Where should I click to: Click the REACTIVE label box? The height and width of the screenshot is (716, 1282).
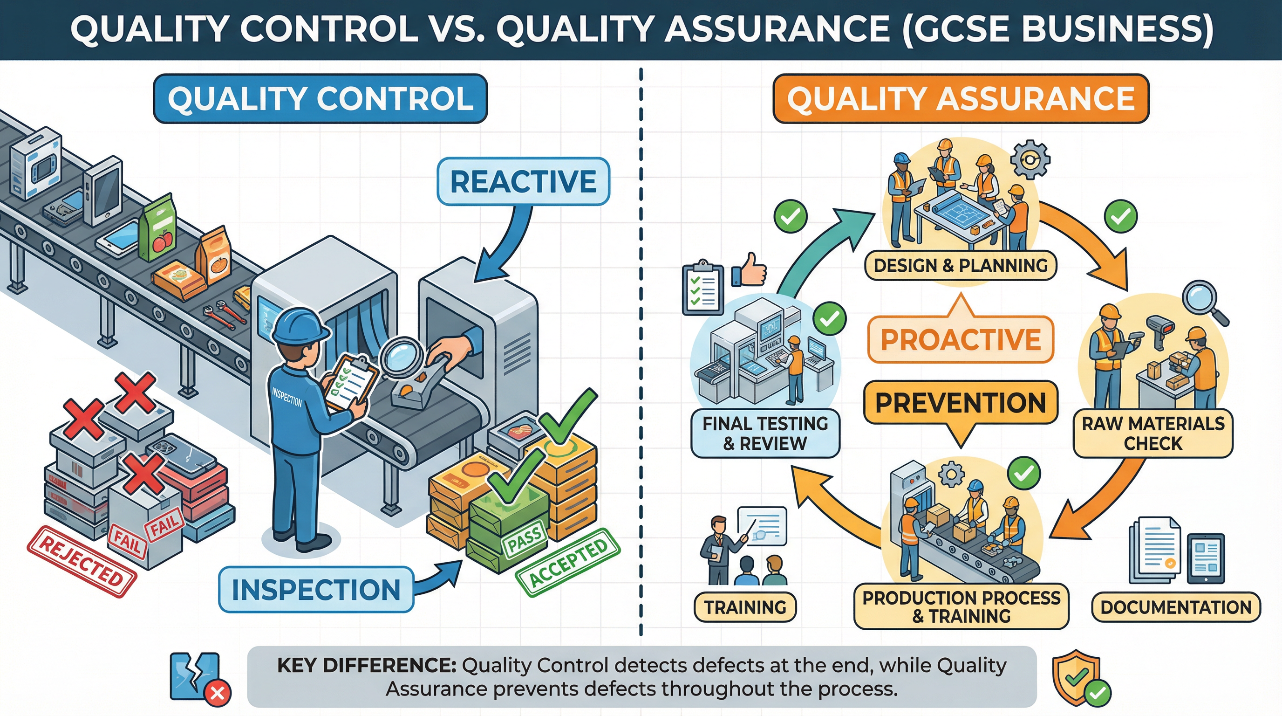pos(523,181)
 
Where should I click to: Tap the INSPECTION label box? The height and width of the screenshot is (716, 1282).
pos(316,590)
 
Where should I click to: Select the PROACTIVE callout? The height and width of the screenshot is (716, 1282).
pos(961,339)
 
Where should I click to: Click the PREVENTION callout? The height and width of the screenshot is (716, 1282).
pos(961,402)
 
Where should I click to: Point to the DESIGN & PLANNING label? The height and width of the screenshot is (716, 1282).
pos(961,265)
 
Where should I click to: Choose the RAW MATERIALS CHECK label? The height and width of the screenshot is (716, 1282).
pos(1152,433)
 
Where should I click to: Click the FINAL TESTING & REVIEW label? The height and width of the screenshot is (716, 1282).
pos(765,433)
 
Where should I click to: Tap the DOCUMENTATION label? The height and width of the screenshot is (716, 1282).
pos(1175,607)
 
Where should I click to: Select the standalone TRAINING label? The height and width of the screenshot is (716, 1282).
pos(745,607)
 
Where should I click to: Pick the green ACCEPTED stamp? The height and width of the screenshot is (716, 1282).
pos(568,562)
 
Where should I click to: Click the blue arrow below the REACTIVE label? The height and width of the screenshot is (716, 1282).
pos(503,249)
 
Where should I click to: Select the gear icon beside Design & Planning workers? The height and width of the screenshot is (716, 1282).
pos(1030,159)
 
